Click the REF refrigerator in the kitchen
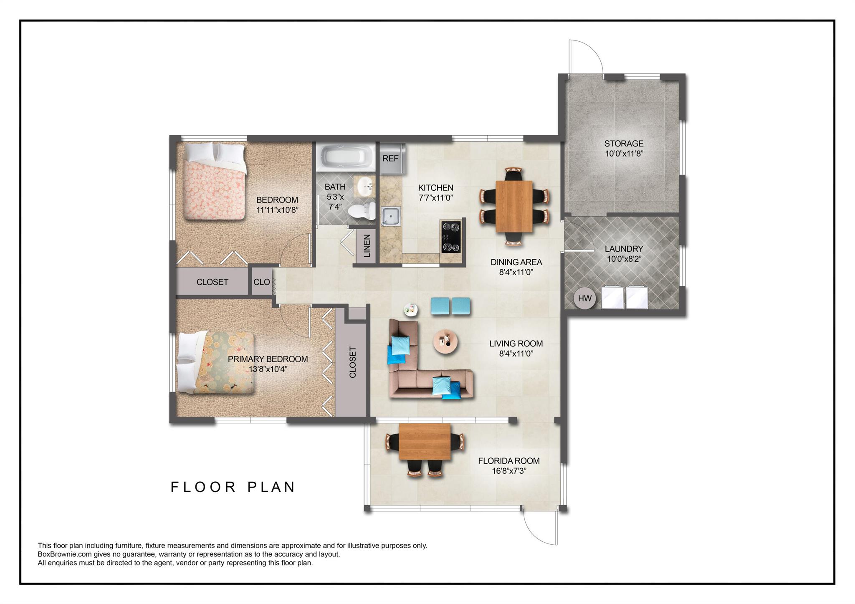click(x=392, y=159)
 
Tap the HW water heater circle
click(x=584, y=298)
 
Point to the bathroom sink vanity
click(x=365, y=186)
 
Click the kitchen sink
click(x=391, y=216)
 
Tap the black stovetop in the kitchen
click(x=451, y=237)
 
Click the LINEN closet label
click(x=367, y=246)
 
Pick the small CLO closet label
click(x=262, y=282)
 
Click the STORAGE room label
click(x=624, y=144)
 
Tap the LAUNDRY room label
click(x=624, y=249)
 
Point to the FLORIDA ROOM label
click(x=509, y=461)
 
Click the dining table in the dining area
click(x=514, y=207)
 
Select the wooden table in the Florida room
click(x=425, y=442)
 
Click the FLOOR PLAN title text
click(x=233, y=487)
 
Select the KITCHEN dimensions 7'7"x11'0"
click(x=436, y=198)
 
